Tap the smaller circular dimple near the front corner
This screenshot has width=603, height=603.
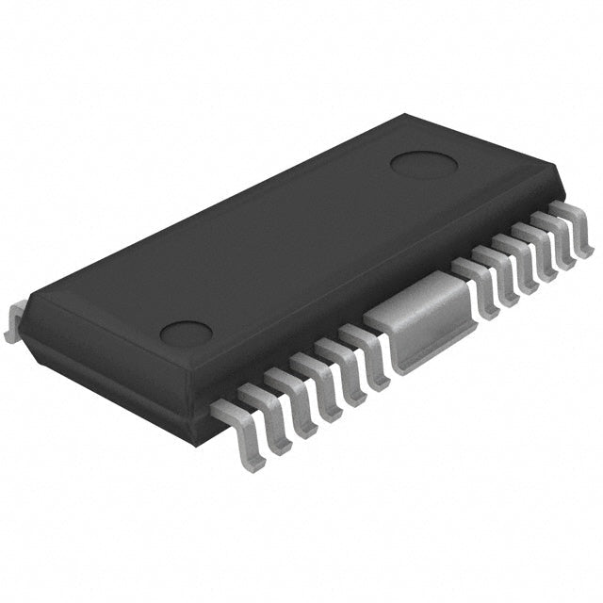point(186,333)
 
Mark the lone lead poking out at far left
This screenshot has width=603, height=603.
point(11,320)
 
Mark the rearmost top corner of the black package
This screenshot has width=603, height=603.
point(405,115)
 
